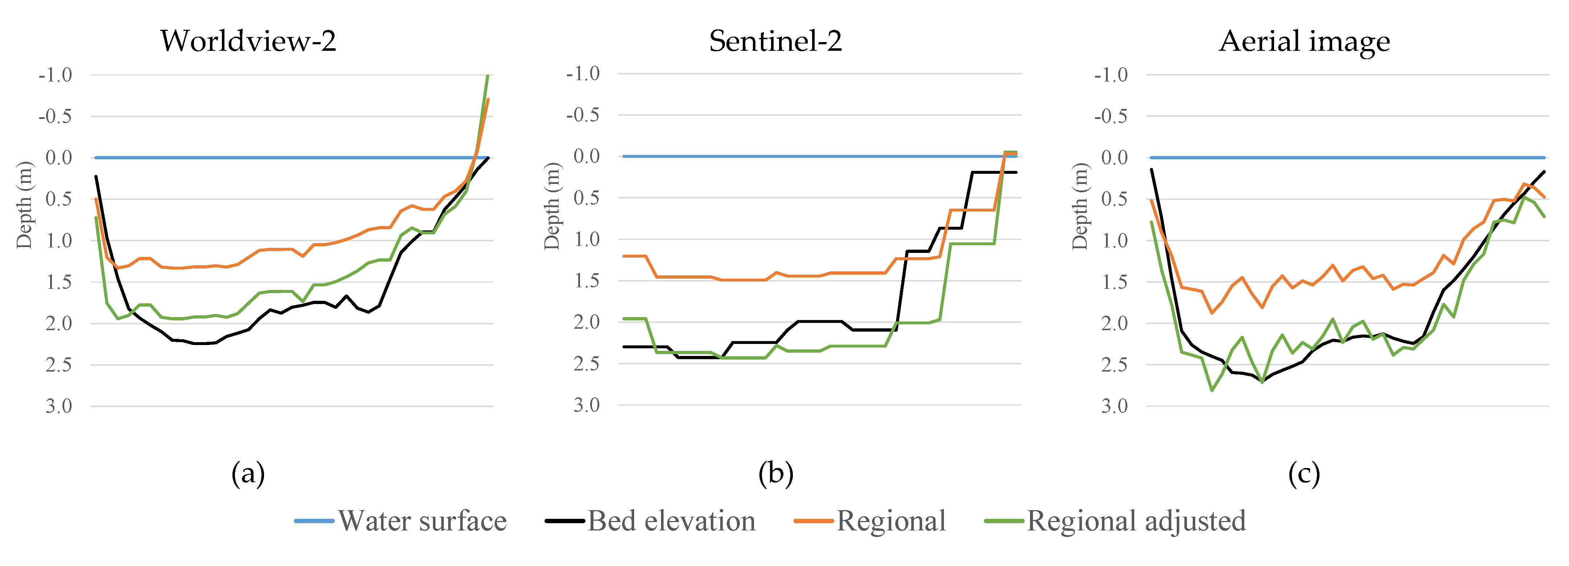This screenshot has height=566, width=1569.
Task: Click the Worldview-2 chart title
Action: pos(248,41)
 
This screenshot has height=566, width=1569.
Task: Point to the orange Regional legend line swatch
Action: pos(813,521)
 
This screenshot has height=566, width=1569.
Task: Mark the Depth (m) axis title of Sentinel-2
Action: pos(552,206)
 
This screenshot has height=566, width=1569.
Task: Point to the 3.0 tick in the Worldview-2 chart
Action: pos(58,406)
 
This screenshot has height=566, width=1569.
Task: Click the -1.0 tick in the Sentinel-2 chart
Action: pos(583,74)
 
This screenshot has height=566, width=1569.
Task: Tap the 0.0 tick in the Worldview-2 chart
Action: pos(58,157)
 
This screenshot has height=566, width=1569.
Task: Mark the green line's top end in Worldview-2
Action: pos(487,75)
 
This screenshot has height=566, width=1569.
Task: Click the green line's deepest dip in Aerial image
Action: pos(1212,390)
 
